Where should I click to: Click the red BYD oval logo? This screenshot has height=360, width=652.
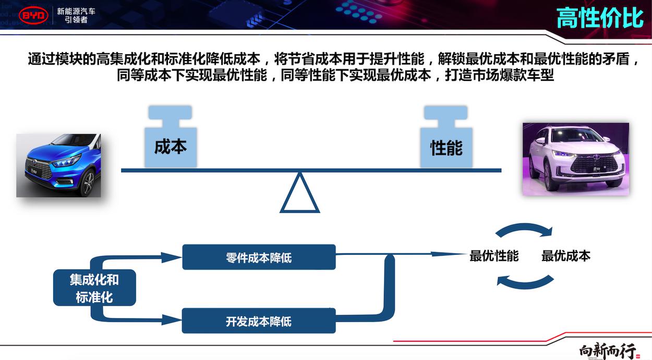click(33, 15)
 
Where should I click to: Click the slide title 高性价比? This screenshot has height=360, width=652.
click(600, 18)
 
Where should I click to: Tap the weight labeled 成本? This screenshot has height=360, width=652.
click(171, 136)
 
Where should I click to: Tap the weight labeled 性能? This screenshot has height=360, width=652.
click(446, 136)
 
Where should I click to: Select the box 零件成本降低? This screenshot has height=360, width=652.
click(259, 257)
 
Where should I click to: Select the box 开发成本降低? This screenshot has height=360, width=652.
click(259, 321)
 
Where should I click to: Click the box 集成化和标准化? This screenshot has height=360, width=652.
click(94, 287)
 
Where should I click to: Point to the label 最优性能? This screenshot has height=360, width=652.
click(494, 256)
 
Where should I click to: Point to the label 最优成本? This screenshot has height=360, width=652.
click(566, 256)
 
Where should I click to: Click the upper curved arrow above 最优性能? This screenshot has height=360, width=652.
click(524, 226)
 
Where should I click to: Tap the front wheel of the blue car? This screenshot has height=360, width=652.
click(89, 184)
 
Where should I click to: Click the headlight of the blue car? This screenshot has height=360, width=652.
click(66, 161)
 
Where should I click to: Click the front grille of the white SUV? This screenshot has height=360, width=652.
click(594, 165)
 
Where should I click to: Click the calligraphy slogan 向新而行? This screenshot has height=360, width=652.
click(607, 351)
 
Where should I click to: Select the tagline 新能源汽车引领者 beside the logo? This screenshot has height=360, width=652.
click(76, 16)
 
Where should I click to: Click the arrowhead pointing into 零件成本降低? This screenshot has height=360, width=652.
click(172, 257)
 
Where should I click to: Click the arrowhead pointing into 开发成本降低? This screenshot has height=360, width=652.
click(172, 320)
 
